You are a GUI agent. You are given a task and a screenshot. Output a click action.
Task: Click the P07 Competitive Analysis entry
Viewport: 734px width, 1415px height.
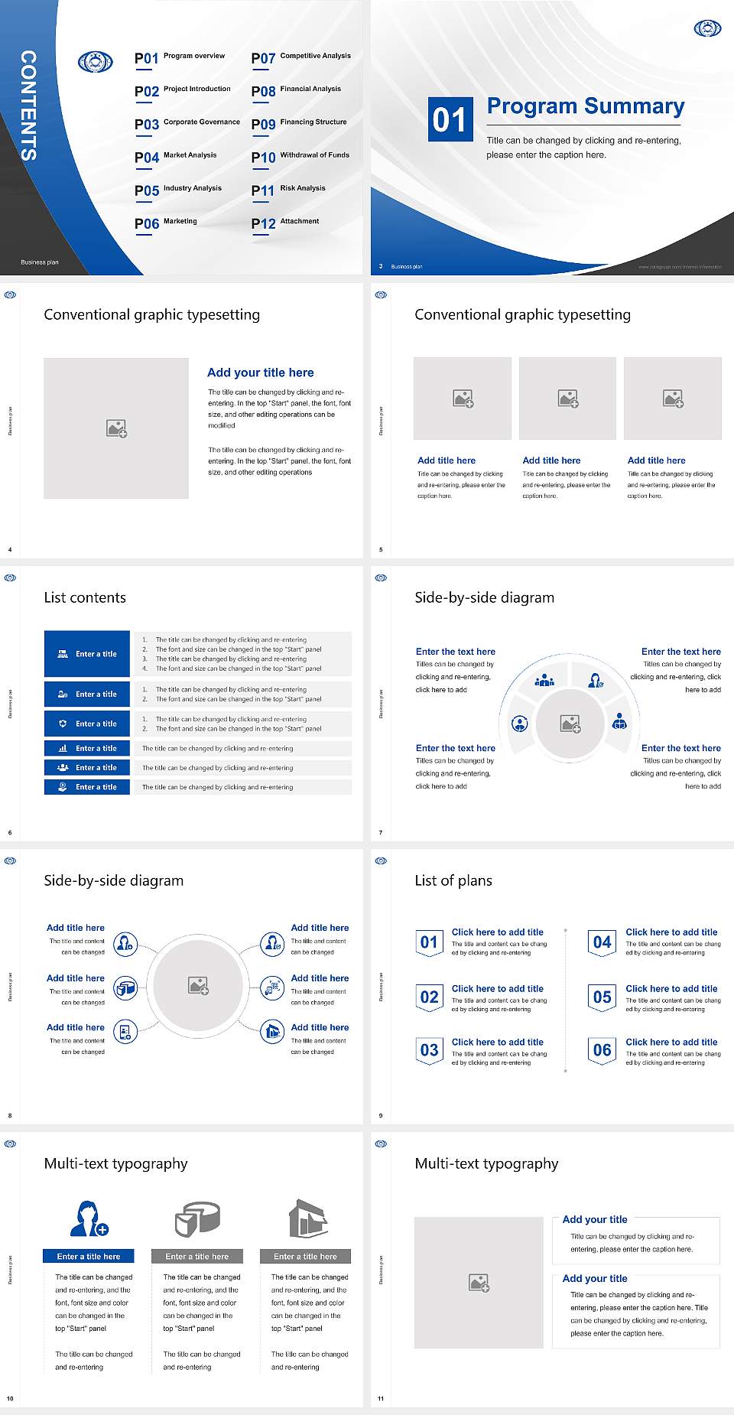[301, 57]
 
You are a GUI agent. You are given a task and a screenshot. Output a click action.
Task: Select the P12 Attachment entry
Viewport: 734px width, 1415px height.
[285, 223]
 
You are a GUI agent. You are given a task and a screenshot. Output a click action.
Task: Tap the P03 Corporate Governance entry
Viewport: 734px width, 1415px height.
[187, 124]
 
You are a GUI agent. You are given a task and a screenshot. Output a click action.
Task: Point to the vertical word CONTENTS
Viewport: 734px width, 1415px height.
[28, 106]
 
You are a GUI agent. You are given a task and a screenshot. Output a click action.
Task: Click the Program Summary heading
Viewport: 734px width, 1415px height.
[585, 106]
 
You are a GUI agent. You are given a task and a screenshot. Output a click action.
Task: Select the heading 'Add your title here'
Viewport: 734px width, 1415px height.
[260, 372]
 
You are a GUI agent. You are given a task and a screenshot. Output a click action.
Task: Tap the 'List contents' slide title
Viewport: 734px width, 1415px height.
[85, 597]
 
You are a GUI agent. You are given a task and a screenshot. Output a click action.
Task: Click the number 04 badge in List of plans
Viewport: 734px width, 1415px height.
[602, 942]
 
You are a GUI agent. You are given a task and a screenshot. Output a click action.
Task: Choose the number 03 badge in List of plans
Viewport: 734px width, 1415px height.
[430, 1050]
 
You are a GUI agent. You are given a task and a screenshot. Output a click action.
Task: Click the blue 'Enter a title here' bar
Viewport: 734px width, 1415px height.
[89, 1256]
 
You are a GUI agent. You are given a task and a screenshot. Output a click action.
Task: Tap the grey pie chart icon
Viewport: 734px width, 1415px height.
[197, 1218]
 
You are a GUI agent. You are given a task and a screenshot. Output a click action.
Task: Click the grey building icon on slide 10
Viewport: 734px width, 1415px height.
[308, 1218]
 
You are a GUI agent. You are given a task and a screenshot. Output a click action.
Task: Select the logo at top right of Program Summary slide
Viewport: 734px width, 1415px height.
[707, 28]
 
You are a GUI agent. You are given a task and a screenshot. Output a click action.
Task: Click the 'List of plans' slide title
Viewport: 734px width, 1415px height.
[453, 880]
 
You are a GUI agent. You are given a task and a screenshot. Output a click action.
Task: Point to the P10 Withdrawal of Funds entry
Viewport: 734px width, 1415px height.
[300, 157]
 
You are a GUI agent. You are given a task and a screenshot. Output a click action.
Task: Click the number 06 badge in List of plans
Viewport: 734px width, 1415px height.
[602, 1050]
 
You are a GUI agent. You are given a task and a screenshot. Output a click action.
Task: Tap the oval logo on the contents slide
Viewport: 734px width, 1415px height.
[96, 61]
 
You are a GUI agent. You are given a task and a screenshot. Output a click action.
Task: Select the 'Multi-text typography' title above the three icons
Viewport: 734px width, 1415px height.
[115, 1163]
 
